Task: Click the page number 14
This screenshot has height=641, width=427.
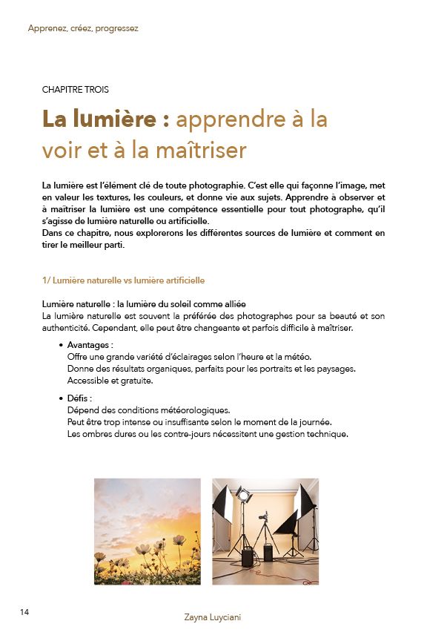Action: click(x=24, y=612)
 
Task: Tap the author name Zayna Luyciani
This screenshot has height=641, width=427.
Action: click(x=213, y=617)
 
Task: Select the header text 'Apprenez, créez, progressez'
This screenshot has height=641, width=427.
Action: click(x=82, y=29)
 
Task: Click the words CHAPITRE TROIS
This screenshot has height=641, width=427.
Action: click(x=76, y=90)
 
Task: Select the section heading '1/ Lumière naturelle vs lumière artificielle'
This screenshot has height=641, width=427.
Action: click(x=123, y=280)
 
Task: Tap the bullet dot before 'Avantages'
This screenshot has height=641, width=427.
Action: click(x=61, y=346)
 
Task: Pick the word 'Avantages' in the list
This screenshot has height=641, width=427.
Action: click(x=89, y=346)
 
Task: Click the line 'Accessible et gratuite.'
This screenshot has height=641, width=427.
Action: click(x=110, y=381)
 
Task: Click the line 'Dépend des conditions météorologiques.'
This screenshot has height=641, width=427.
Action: click(x=148, y=410)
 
